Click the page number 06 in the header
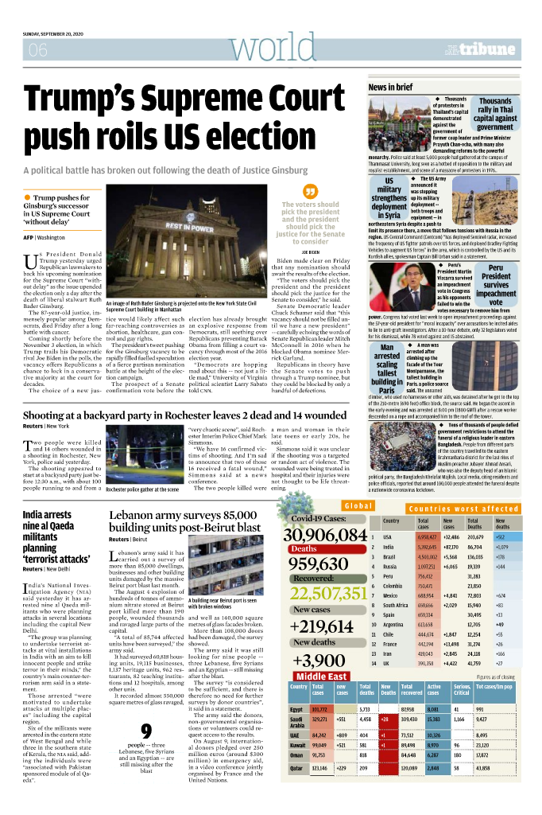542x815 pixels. tap(37, 51)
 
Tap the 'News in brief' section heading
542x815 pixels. tap(390, 87)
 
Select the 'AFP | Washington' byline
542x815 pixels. tap(44, 237)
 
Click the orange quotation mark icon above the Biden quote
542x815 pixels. tap(311, 193)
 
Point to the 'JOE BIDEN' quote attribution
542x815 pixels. tap(311, 251)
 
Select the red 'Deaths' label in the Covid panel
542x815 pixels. tap(304, 548)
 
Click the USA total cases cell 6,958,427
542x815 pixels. tap(427, 537)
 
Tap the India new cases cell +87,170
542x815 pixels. tap(453, 548)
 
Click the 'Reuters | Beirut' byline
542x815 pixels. tap(128, 539)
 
